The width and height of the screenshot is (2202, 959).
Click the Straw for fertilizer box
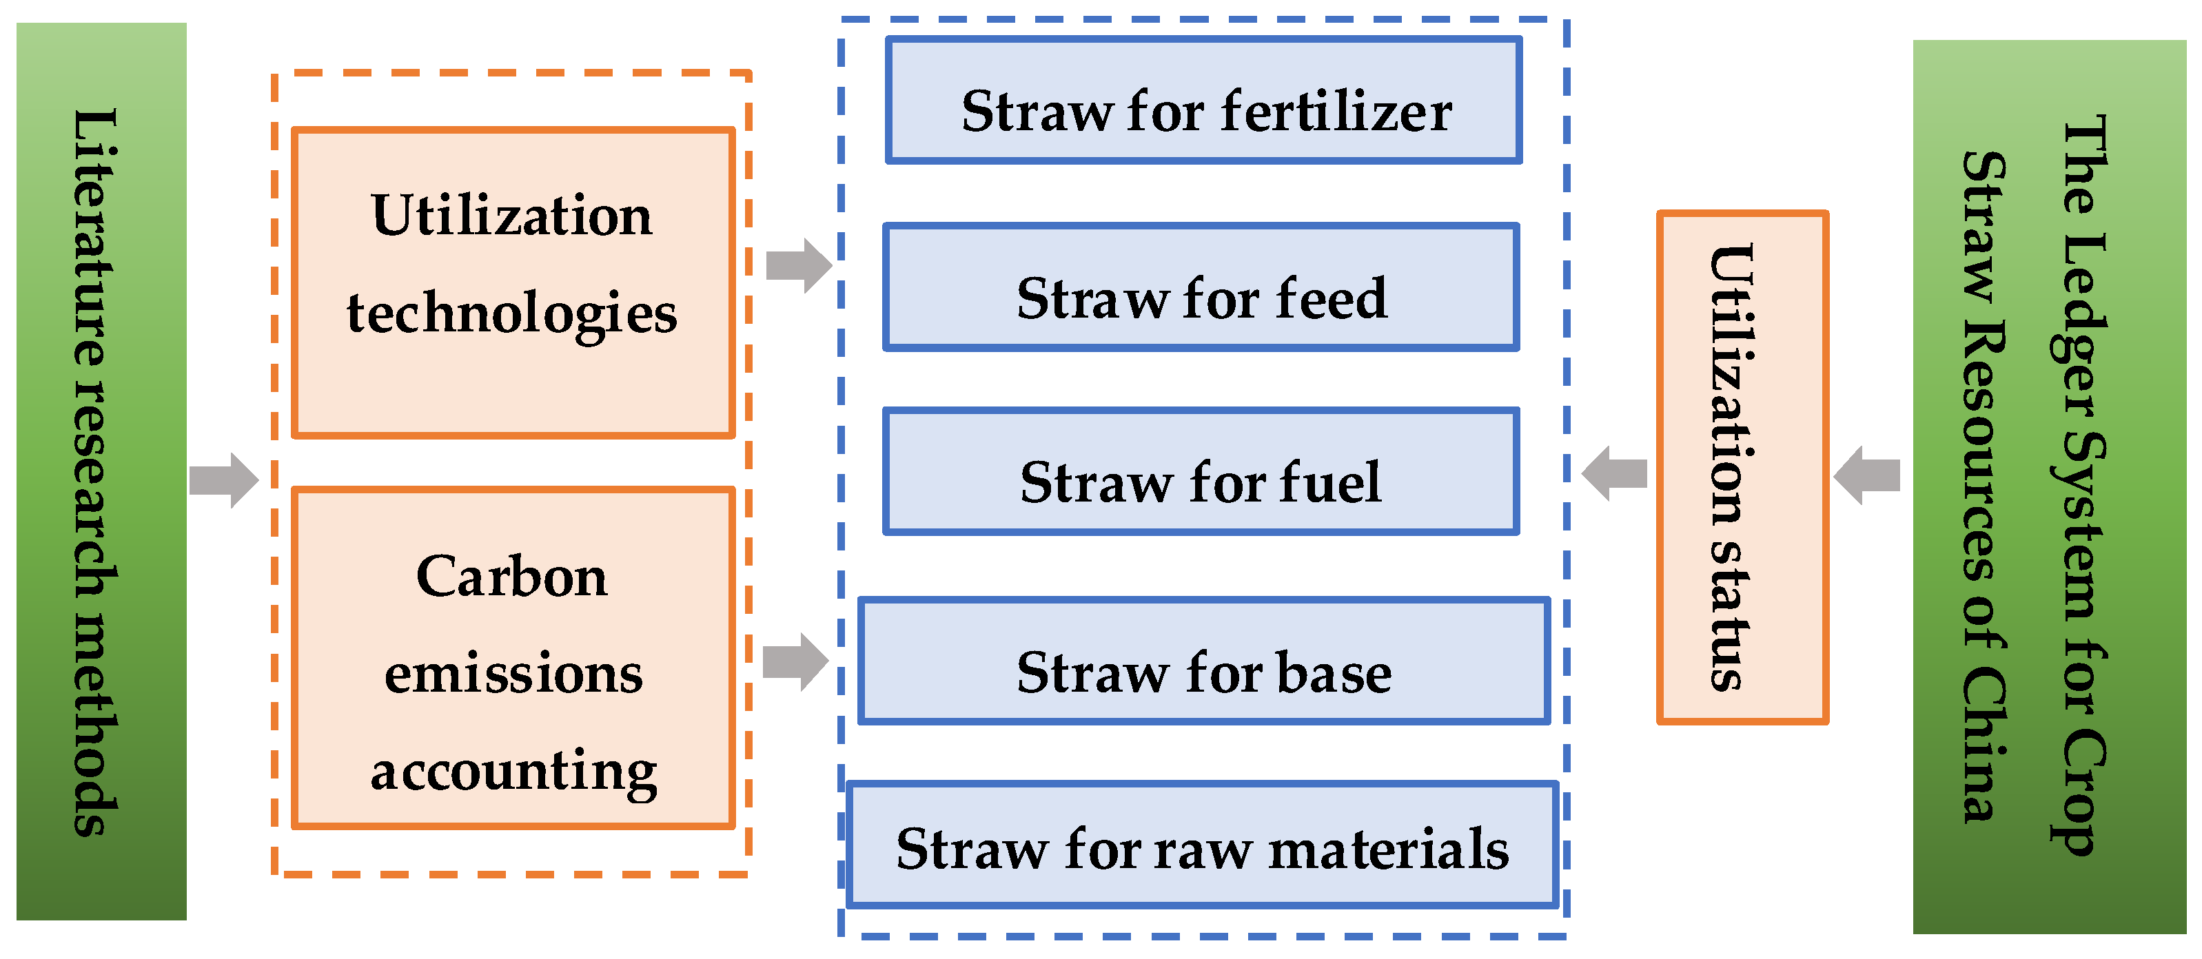tap(1203, 101)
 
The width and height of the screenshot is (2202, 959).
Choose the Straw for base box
tap(1203, 661)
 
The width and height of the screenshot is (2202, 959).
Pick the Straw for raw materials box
tap(1202, 845)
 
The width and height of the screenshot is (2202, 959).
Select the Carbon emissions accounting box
tap(513, 658)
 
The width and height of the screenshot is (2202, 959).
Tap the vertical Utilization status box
tap(1742, 468)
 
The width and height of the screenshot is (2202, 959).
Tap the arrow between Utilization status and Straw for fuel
tap(1614, 473)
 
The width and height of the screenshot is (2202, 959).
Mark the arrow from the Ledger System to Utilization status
tap(1867, 475)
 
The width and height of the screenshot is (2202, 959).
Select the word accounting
tap(513, 772)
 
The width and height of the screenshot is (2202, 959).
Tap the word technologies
tap(511, 313)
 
